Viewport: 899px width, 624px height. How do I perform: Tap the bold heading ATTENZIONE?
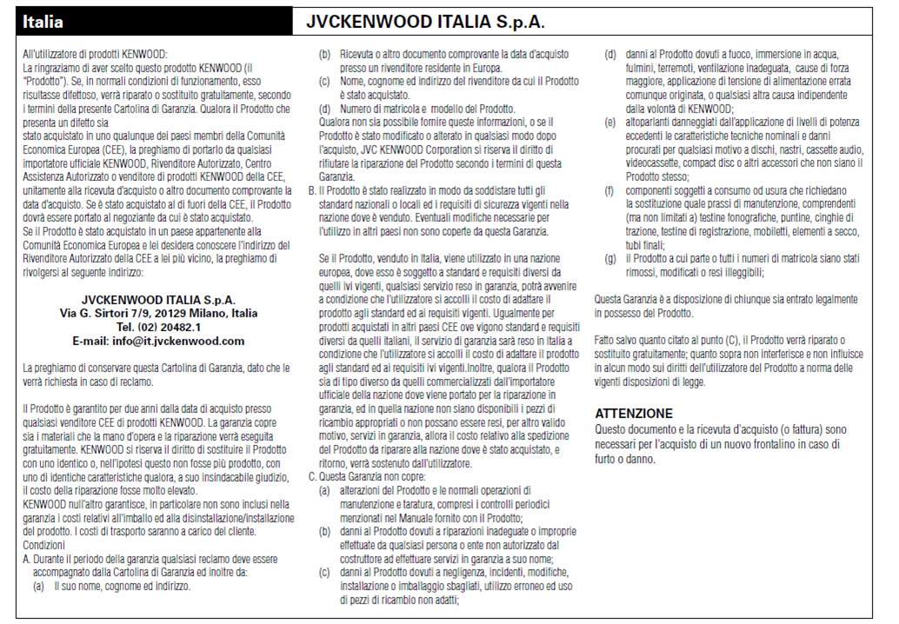[x=633, y=414]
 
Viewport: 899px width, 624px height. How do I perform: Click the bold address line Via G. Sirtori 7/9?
[x=158, y=313]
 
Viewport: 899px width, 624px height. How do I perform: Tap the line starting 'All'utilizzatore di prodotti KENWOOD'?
[x=95, y=55]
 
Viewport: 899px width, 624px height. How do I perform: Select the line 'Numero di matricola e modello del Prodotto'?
[x=418, y=109]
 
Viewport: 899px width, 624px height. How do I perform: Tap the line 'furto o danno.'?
[x=625, y=458]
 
